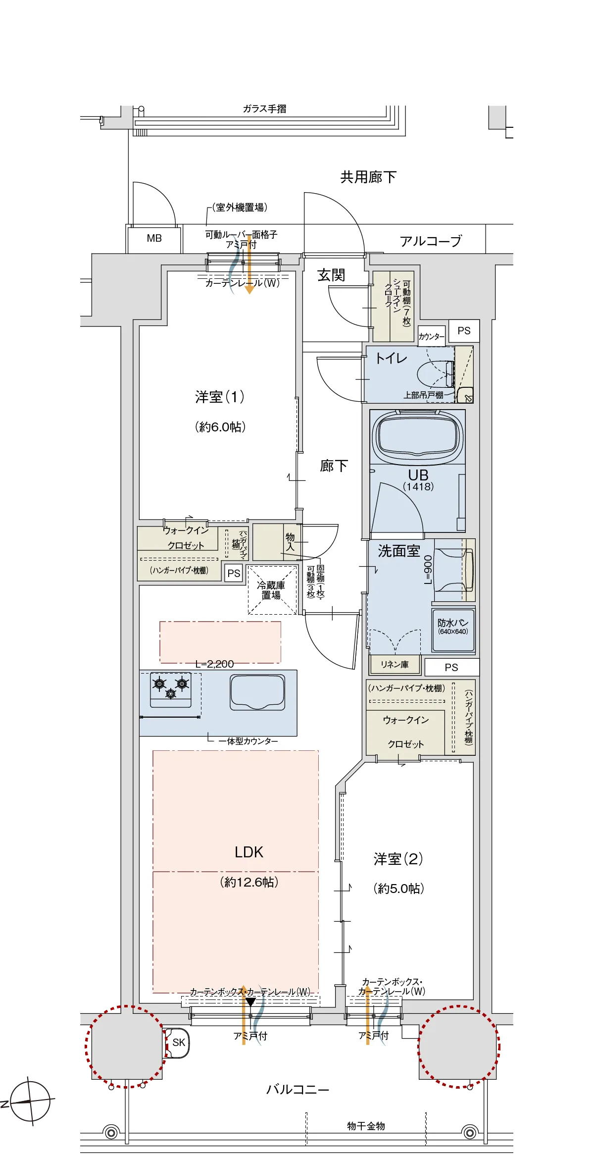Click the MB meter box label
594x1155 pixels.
[154, 238]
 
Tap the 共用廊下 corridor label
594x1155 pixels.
[368, 177]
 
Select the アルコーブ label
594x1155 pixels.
[430, 241]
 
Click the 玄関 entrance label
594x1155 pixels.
[331, 275]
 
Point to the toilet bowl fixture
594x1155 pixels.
[435, 374]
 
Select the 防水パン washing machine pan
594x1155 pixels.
[453, 628]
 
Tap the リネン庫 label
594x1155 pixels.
[395, 665]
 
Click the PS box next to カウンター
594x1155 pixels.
[464, 331]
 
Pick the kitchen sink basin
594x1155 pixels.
[257, 692]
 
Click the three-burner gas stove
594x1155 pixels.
[171, 689]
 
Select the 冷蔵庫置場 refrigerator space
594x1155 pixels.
[271, 590]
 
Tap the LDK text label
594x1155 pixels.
[249, 852]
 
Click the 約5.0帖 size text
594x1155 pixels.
[398, 889]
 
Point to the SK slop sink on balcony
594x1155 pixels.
[178, 1042]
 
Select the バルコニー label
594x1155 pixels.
[297, 1090]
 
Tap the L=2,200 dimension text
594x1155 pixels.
[214, 664]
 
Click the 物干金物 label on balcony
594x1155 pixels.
[366, 1126]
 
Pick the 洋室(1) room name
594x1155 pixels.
[220, 397]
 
